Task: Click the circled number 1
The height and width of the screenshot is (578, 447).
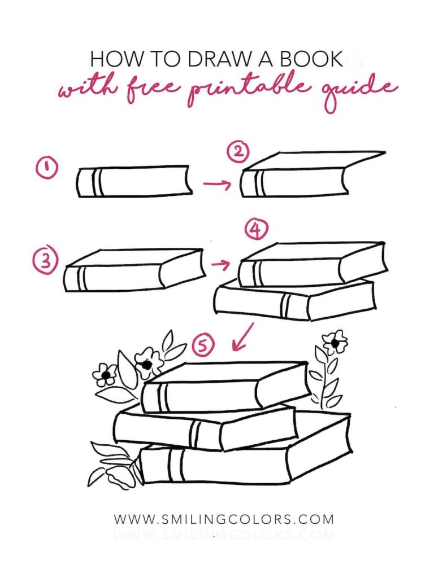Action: coord(46,168)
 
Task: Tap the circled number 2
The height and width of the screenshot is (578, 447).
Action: coord(238,152)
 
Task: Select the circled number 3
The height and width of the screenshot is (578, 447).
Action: coord(46,261)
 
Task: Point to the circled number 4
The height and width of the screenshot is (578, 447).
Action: coord(257,230)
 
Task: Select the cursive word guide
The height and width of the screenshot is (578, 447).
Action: coord(361,90)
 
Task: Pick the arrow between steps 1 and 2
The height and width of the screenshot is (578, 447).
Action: coord(217,183)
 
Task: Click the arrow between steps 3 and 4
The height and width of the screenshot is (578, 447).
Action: coord(220,264)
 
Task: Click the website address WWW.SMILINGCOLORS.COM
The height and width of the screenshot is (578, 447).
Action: coord(224,519)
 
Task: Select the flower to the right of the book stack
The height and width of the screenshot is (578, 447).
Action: coord(335,343)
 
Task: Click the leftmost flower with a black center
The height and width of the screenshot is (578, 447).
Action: coord(105,375)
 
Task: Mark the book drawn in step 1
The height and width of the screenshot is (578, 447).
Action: coord(134,182)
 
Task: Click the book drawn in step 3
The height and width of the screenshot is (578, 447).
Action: coord(134,270)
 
